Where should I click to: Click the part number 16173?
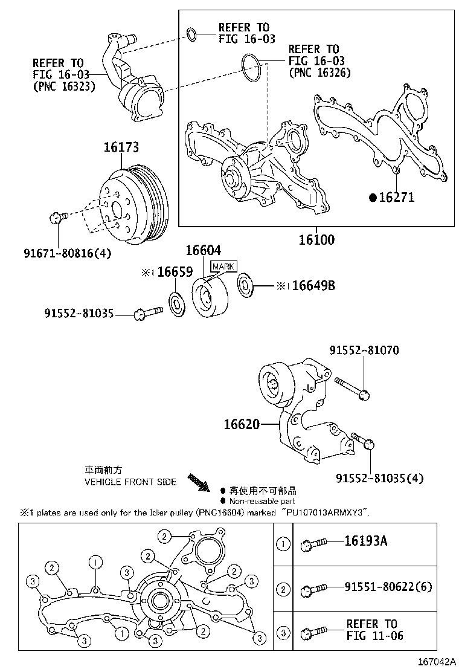[x=121, y=147]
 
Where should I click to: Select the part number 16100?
[x=316, y=240]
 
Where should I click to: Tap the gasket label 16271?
[x=396, y=197]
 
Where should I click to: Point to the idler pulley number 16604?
[x=203, y=250]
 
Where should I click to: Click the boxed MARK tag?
[x=223, y=266]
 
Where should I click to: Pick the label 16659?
[x=175, y=272]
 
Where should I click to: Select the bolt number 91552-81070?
[x=364, y=351]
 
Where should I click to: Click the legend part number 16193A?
[x=366, y=541]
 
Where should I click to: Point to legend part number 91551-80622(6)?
[x=388, y=586]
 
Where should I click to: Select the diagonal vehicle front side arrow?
[x=199, y=482]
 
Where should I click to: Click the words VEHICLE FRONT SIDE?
[x=130, y=482]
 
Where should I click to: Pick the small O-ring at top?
[x=191, y=35]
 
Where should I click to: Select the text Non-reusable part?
[x=262, y=500]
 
